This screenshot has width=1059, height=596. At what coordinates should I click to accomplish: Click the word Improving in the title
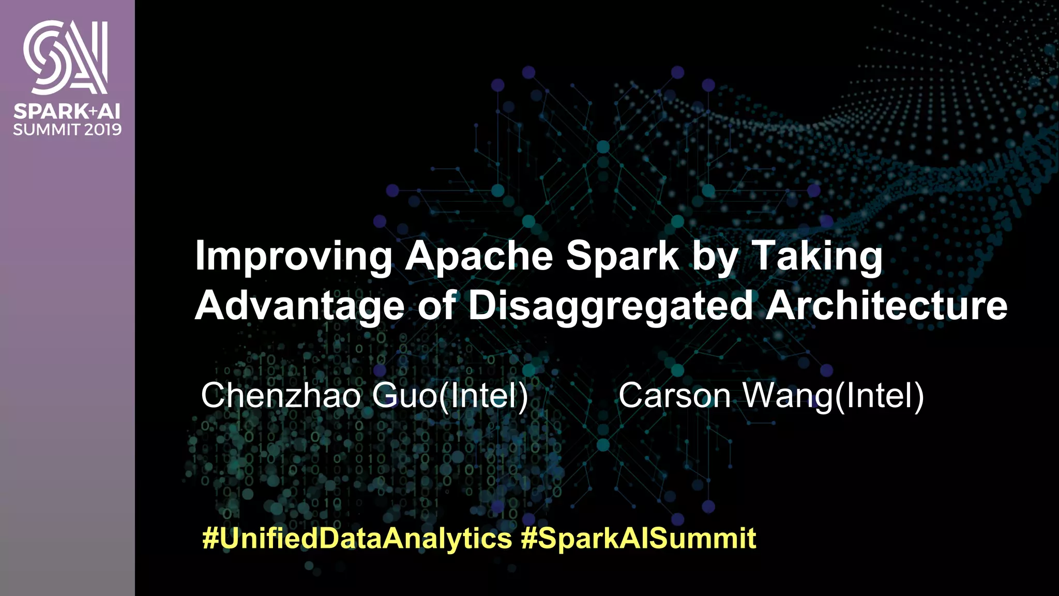point(293,256)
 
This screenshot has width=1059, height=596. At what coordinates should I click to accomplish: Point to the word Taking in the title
point(816,256)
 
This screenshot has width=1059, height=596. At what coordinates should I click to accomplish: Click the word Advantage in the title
point(299,306)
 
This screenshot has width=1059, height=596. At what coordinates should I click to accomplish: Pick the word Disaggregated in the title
point(610,306)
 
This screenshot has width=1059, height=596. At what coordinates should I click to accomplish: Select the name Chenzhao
point(281,396)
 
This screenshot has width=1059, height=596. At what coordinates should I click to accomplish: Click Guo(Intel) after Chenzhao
point(450,396)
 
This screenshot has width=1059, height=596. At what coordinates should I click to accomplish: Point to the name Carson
point(674,396)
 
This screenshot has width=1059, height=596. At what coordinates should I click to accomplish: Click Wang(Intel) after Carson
point(833,396)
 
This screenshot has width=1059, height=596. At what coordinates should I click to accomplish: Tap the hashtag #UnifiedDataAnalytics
point(357,538)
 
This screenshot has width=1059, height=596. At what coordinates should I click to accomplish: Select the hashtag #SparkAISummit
point(639,538)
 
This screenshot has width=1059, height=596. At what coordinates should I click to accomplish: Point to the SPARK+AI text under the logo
point(67,111)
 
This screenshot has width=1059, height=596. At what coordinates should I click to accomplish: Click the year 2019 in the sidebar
point(103,129)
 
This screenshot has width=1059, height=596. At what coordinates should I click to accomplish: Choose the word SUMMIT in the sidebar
point(47,129)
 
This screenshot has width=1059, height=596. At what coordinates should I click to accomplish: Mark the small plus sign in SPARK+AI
point(93,111)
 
